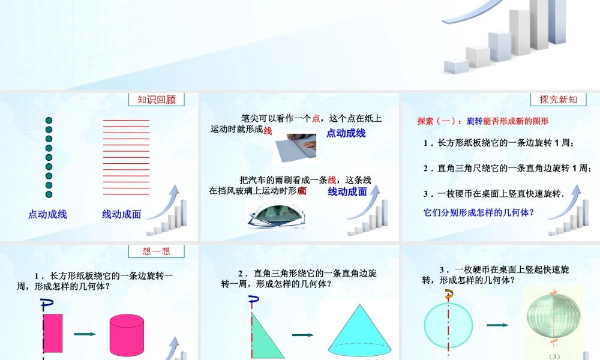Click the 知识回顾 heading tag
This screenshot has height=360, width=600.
point(157,100)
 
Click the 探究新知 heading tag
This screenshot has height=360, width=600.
point(558,100)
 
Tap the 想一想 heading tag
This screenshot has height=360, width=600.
point(156,251)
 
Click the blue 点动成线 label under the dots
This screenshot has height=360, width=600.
point(47,214)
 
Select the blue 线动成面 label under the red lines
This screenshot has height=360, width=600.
point(121,214)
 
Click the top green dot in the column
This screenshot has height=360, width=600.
point(49,121)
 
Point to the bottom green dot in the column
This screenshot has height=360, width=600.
point(49,194)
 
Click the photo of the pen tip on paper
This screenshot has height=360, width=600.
point(295,148)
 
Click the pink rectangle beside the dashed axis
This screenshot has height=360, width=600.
point(53,332)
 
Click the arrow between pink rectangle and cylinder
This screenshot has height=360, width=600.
point(85,335)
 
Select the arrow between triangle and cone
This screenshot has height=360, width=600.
point(302,335)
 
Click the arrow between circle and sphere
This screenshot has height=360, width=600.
point(497,325)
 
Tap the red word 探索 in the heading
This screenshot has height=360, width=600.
point(426,121)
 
